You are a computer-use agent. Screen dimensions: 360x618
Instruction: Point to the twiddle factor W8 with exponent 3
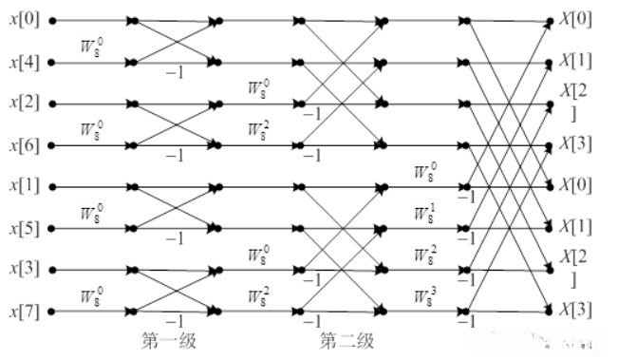point(426,296)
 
